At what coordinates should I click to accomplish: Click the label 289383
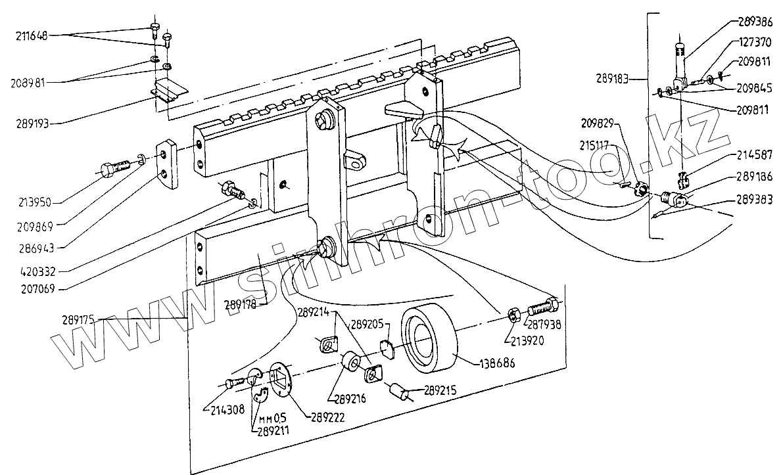pyautogui.click(x=753, y=198)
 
